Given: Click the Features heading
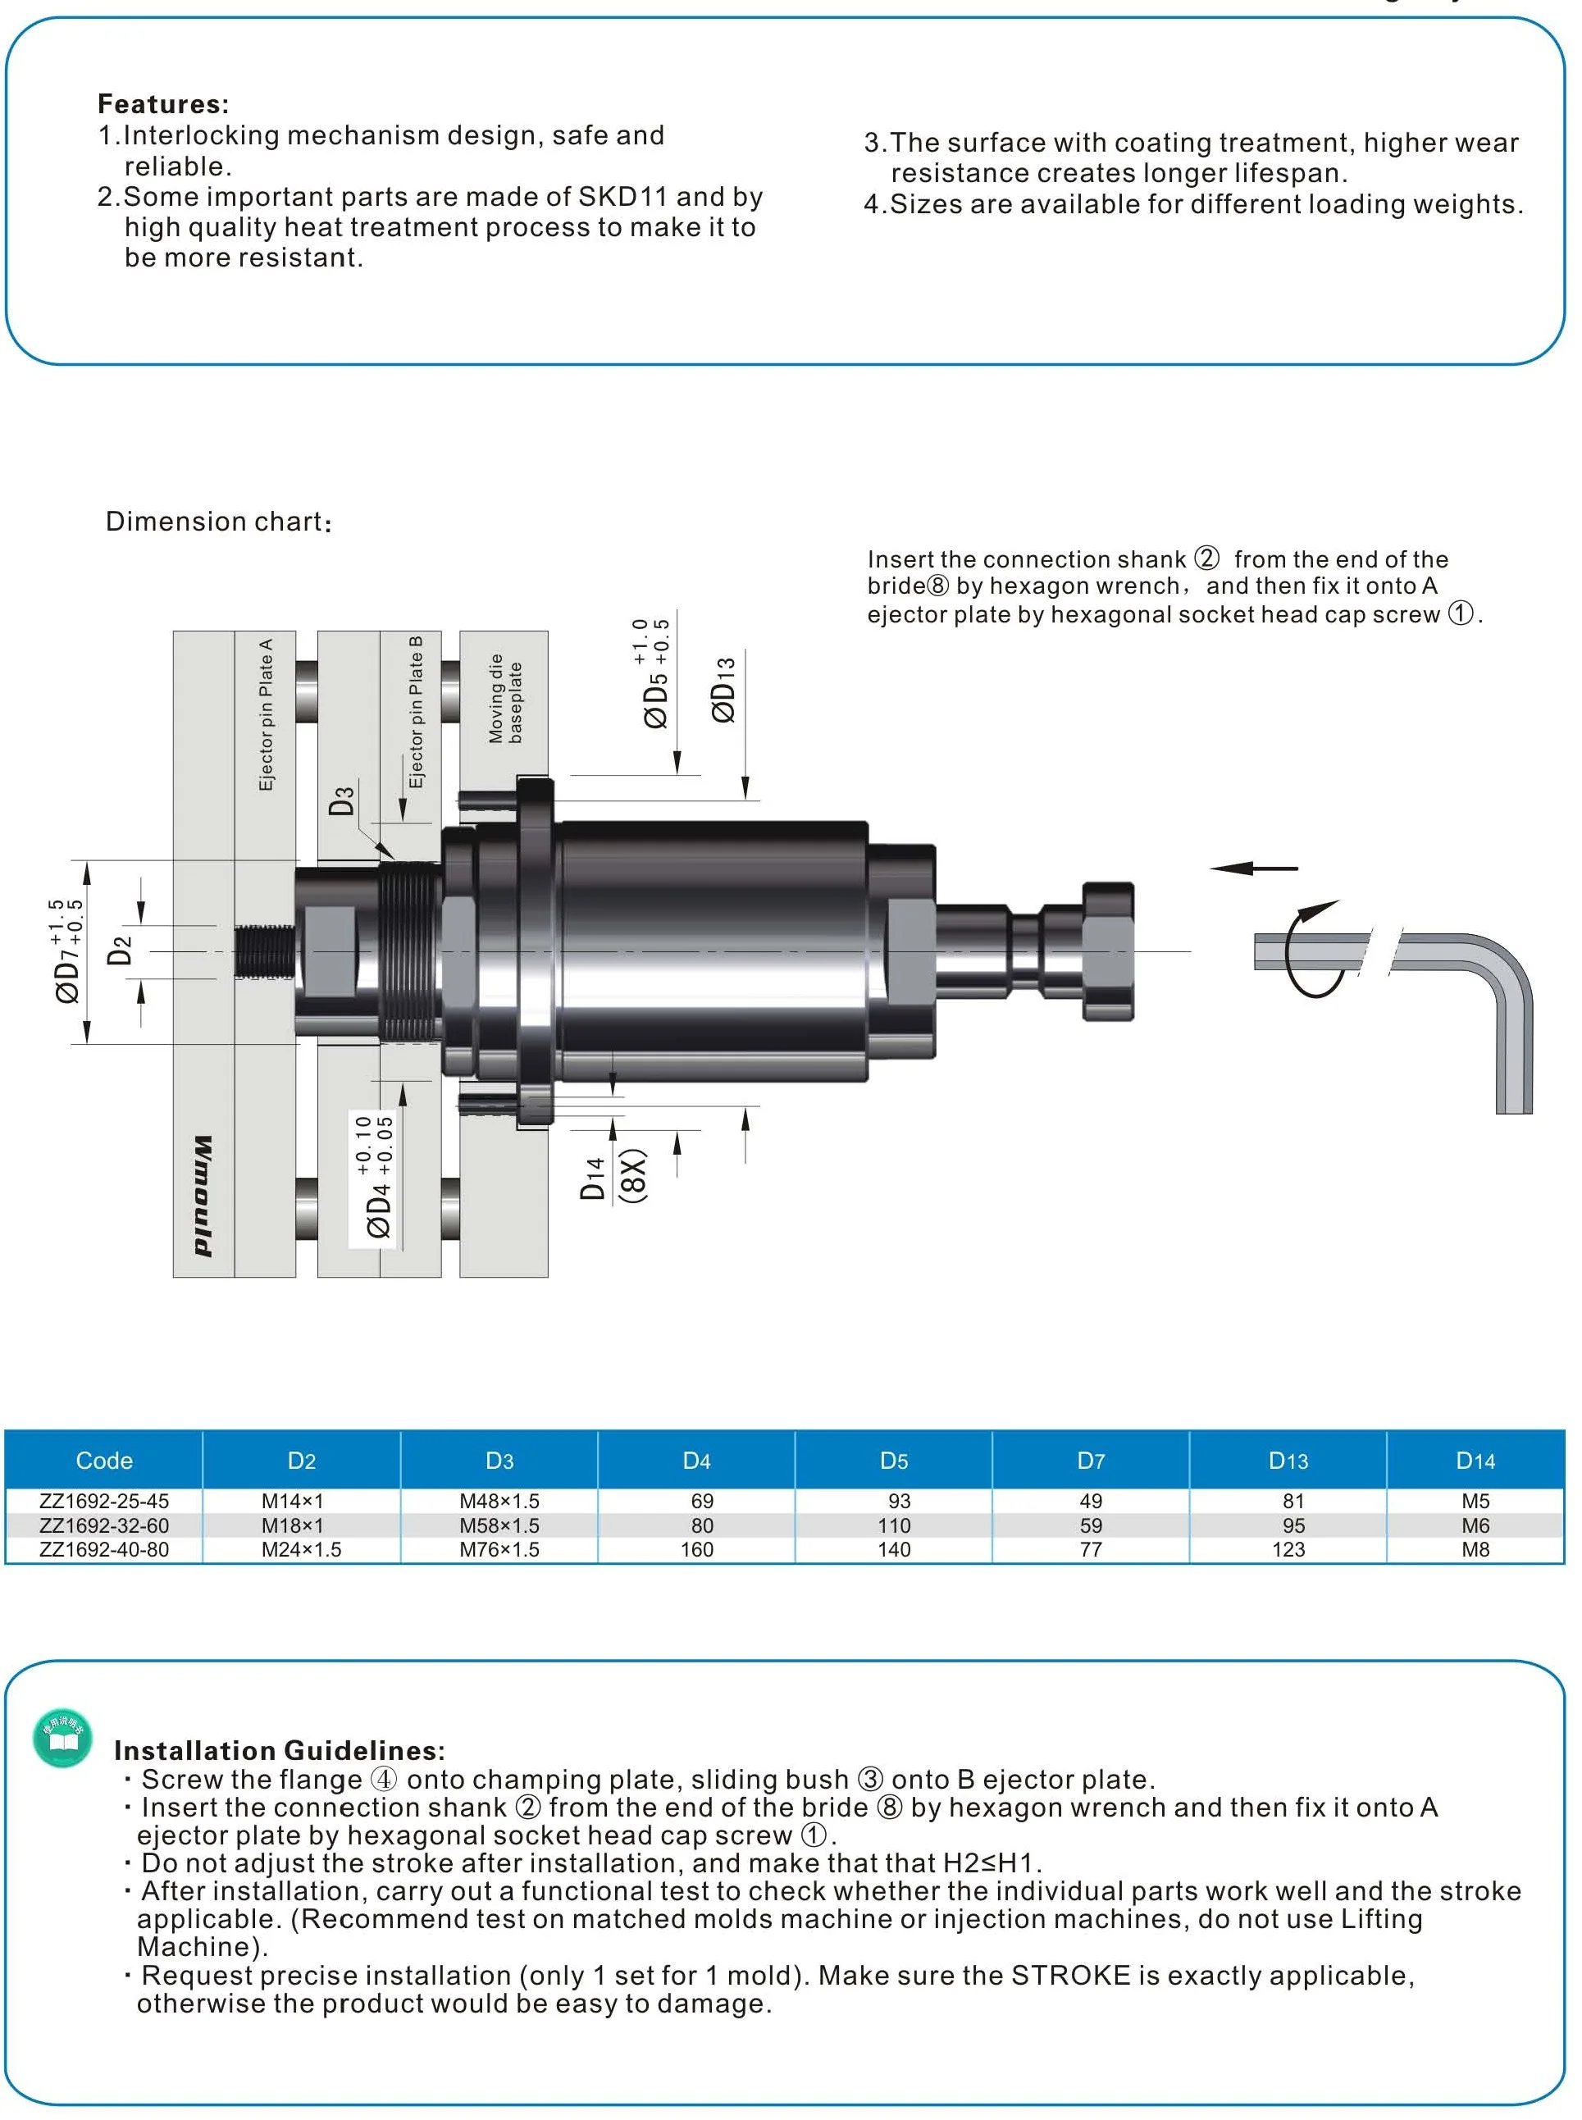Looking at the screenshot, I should (x=163, y=103).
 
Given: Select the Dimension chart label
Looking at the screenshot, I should (x=218, y=522).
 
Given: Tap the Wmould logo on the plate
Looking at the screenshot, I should (x=203, y=1196).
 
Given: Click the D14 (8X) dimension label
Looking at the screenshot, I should (x=613, y=1177).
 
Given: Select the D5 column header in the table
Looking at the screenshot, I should (x=892, y=1461).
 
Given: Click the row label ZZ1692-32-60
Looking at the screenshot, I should (x=103, y=1525).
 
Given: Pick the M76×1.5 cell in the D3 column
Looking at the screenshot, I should (x=499, y=1549).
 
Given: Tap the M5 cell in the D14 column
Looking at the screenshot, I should (x=1475, y=1502).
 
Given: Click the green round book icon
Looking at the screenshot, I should (x=62, y=1738).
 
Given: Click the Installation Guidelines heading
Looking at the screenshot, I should (x=279, y=1750).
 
